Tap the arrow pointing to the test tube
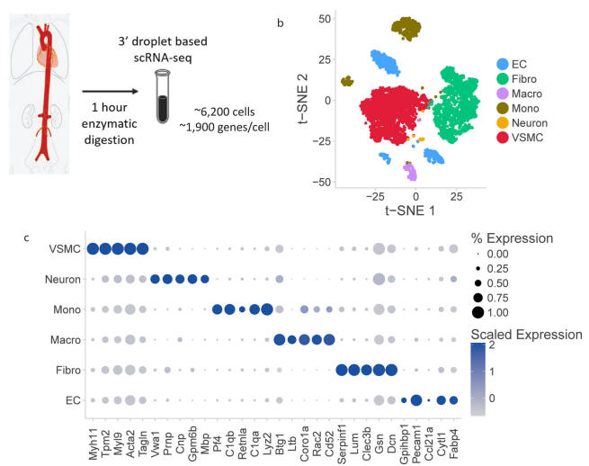coord(109,91)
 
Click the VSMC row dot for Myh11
coord(93,249)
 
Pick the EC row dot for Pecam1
coord(415,400)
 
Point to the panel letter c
coord(29,237)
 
